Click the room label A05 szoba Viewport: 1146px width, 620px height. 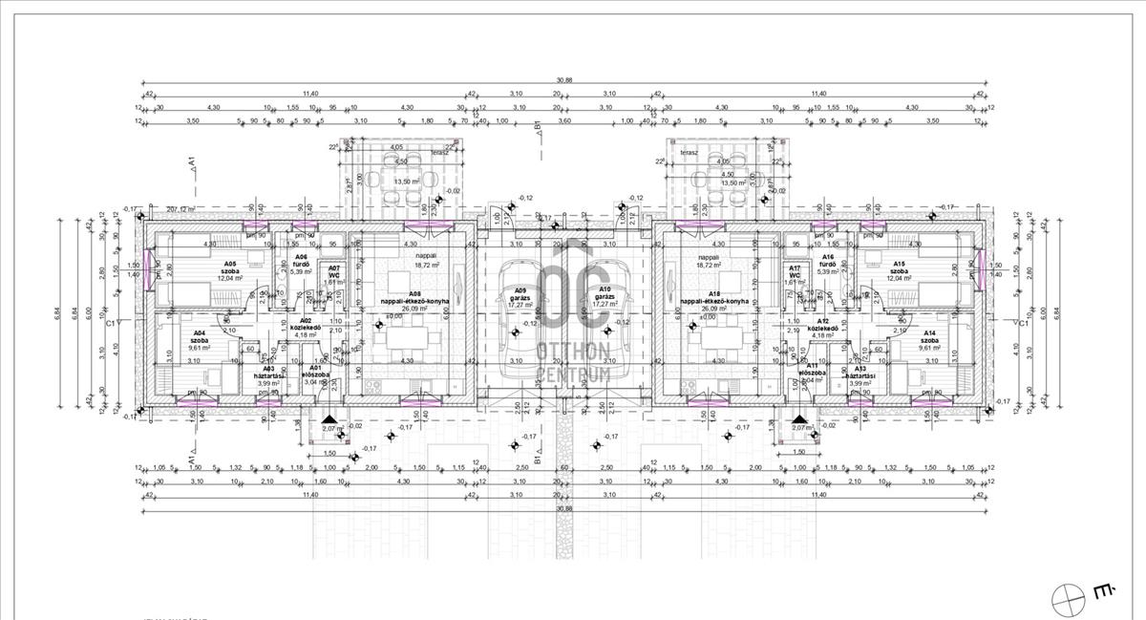point(230,268)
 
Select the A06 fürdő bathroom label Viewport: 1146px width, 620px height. point(301,262)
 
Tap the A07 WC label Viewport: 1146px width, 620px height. point(333,272)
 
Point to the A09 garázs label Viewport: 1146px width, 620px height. point(520,293)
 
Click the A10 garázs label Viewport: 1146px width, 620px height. point(604,293)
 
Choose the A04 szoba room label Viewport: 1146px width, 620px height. point(200,337)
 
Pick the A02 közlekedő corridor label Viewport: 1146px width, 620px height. point(306,326)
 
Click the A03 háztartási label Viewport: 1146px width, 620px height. point(268,374)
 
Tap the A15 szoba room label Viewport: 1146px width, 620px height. point(899,268)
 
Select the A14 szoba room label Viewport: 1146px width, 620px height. point(929,337)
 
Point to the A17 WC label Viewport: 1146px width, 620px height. point(795,272)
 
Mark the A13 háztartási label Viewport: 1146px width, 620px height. point(860,374)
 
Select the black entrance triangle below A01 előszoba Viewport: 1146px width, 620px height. point(329,419)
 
